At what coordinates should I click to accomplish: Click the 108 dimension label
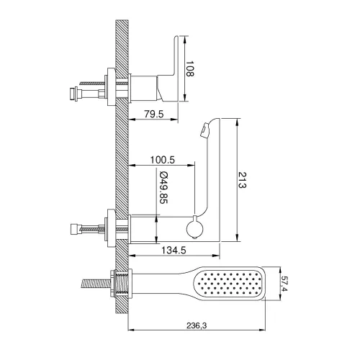tap(190, 69)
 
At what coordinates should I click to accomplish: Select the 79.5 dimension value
tap(154, 114)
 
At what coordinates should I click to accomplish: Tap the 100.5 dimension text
tap(163, 160)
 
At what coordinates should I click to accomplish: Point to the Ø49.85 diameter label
tap(163, 188)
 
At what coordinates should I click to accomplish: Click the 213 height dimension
tap(243, 180)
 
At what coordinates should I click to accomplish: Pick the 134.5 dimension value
tap(174, 251)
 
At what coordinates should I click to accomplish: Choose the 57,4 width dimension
tap(284, 284)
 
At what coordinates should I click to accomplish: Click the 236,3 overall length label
tap(197, 325)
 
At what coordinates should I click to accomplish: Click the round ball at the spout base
tap(195, 228)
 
